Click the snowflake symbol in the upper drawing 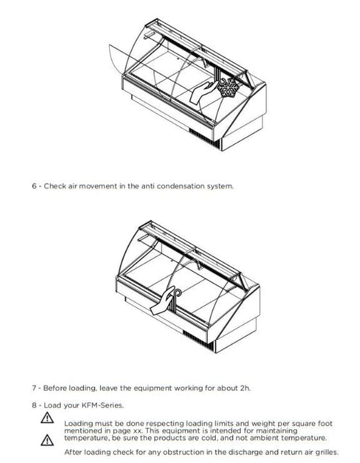coord(228,88)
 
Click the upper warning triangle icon coord(47,418)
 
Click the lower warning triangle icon coord(47,440)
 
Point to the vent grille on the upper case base coord(204,138)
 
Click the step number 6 coord(34,187)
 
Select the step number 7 coord(34,388)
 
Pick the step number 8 coord(34,405)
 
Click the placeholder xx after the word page coord(139,431)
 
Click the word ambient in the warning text coord(264,438)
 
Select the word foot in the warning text coord(325,424)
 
